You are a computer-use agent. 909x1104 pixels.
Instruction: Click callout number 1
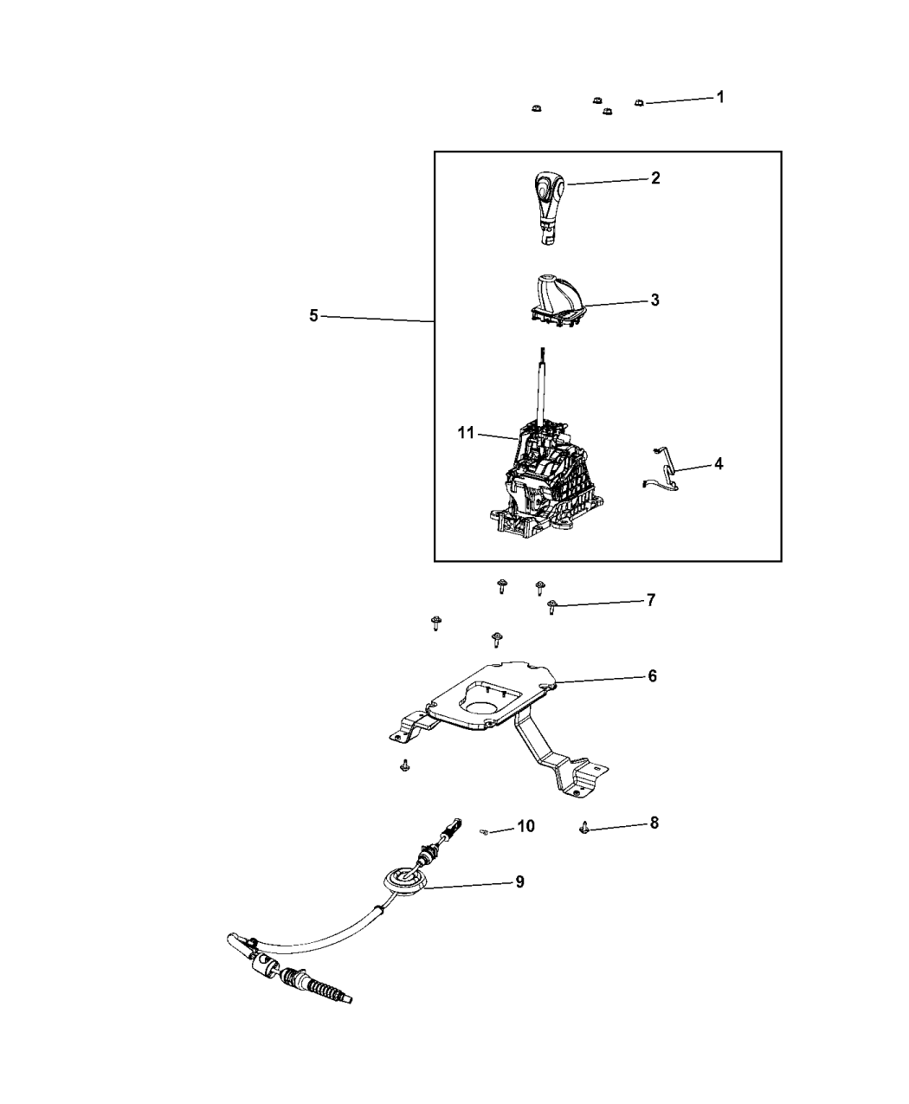coord(719,97)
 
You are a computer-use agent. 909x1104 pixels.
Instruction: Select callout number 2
coord(655,178)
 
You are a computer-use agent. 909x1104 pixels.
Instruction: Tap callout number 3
coord(654,300)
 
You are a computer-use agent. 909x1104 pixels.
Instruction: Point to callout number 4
coord(718,464)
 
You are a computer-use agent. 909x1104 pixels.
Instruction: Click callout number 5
coord(313,316)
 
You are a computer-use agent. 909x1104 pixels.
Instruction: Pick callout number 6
coord(653,675)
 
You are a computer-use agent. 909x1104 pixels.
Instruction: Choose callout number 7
coord(651,600)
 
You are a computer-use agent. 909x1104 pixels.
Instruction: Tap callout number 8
coord(654,823)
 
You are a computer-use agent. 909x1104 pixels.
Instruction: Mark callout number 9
coord(519,882)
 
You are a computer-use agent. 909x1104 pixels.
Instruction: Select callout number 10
coord(525,826)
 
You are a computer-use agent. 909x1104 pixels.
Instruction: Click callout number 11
coord(466,433)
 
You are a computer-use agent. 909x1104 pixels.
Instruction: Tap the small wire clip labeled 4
coord(661,469)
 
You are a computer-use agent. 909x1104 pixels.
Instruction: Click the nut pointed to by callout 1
coord(639,102)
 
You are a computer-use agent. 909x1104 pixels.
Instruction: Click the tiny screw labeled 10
coord(485,832)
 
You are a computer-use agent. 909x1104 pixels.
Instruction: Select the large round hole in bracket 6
coord(482,708)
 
